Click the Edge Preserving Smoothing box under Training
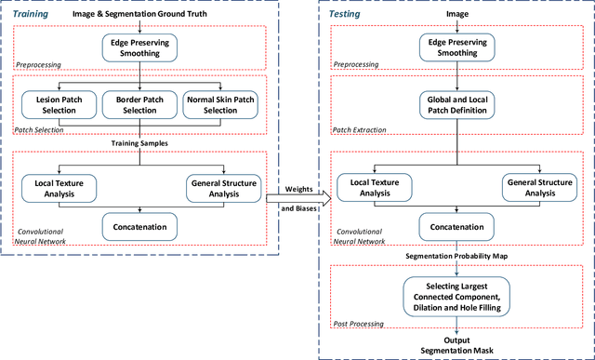tap(139, 47)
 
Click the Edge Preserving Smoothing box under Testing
tap(456, 47)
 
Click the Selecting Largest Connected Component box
tap(456, 290)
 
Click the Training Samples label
tap(139, 143)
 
